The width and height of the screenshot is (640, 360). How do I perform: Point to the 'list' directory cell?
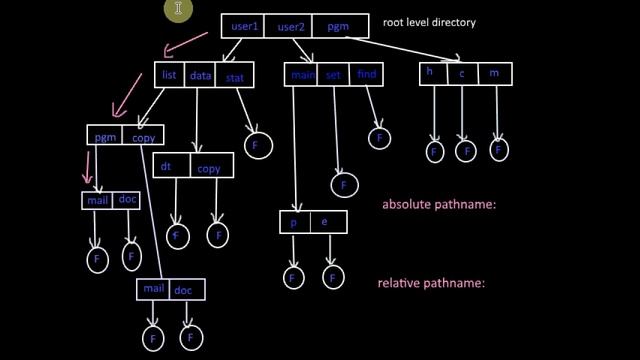[169, 74]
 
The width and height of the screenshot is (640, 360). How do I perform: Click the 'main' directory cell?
[302, 74]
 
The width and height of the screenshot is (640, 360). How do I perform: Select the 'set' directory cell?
[335, 74]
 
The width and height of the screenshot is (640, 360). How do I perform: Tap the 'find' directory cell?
[366, 74]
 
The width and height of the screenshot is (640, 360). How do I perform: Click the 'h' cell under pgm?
[431, 72]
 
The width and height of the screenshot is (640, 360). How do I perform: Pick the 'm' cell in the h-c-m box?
[494, 72]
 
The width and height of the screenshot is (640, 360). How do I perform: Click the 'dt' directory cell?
[168, 167]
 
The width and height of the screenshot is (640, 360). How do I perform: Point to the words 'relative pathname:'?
[430, 283]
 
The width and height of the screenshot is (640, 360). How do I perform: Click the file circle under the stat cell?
[257, 145]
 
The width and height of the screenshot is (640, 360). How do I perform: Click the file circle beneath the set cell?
[344, 185]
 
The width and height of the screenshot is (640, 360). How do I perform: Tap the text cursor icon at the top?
[178, 10]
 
